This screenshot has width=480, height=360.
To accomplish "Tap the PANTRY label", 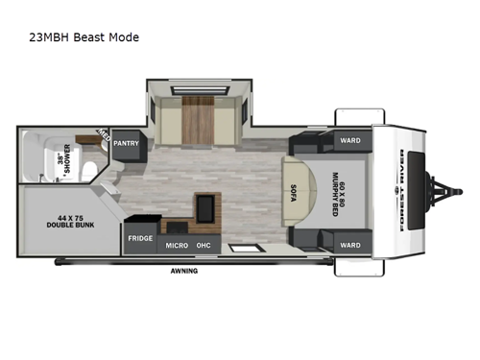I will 127,143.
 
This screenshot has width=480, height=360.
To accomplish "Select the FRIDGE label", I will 140,236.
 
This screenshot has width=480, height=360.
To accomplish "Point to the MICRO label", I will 176,246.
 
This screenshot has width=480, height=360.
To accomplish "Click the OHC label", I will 204,246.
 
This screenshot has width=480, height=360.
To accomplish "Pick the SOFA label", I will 295,192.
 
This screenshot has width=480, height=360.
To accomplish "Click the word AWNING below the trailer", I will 185,270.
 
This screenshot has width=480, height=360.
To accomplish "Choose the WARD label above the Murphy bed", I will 350,140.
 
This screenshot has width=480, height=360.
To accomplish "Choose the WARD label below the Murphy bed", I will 350,245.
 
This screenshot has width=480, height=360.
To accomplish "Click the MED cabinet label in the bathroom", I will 103,136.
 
